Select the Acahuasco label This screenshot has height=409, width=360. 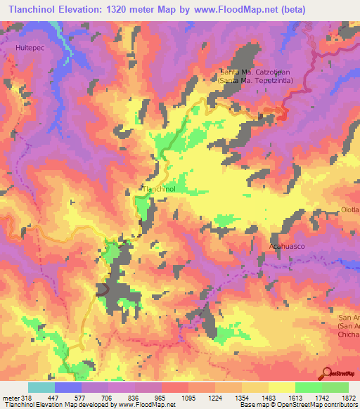(288, 246)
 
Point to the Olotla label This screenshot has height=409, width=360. (349, 210)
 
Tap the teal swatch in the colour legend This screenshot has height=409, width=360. (41, 387)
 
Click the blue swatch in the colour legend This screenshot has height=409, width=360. (68, 387)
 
